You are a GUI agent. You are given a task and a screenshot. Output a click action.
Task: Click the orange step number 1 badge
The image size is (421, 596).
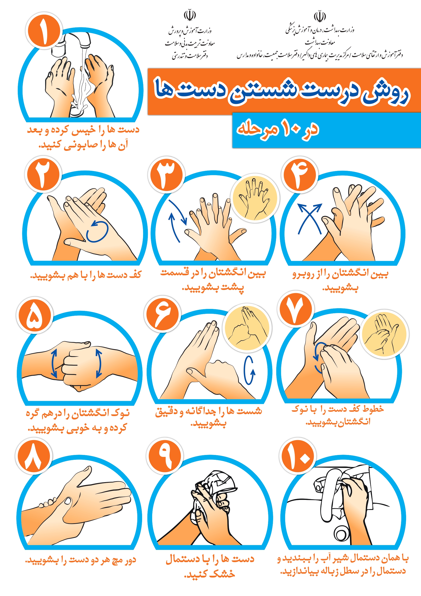click(x=44, y=31)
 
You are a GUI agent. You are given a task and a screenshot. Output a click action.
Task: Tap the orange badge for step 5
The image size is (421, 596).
click(x=35, y=315)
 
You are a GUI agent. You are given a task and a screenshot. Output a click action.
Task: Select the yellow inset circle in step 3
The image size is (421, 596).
click(x=254, y=198)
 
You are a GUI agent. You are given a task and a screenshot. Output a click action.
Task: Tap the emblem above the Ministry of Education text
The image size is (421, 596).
click(x=190, y=15)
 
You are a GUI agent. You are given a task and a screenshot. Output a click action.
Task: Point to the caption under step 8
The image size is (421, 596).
click(x=81, y=560)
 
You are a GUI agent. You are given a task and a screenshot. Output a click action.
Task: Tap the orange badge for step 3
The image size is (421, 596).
click(x=167, y=174)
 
